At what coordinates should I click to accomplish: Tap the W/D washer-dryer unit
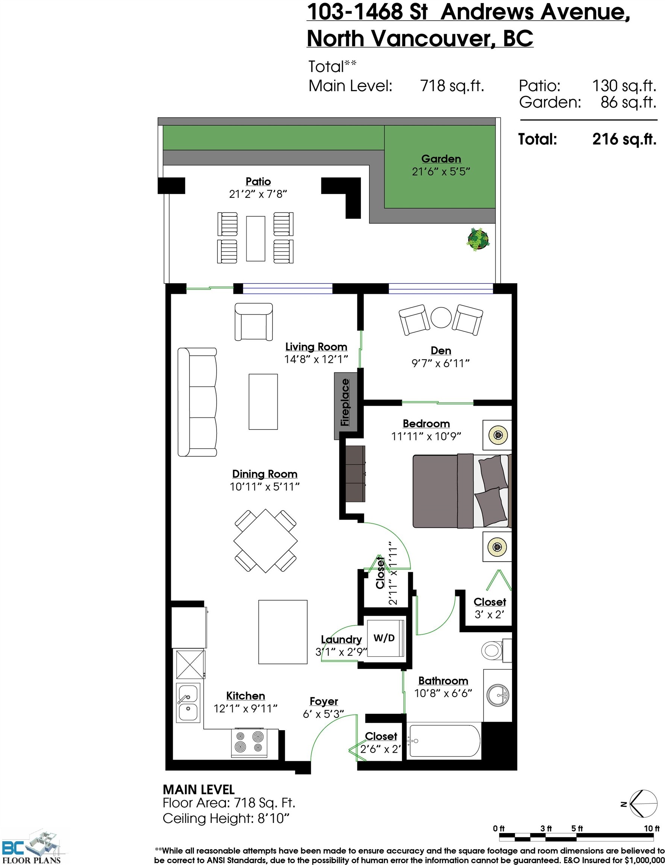click(384, 639)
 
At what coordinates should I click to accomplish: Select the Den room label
click(441, 351)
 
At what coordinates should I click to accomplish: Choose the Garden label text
click(441, 159)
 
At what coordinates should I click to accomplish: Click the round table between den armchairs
click(441, 318)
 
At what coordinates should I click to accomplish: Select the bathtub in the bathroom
click(444, 741)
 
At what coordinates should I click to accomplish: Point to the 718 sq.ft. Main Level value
click(452, 86)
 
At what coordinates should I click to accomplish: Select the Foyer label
click(324, 701)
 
